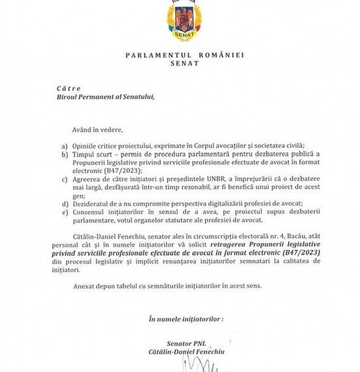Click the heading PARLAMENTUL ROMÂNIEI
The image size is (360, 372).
click(184, 55)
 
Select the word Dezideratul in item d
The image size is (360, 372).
click(94, 211)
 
